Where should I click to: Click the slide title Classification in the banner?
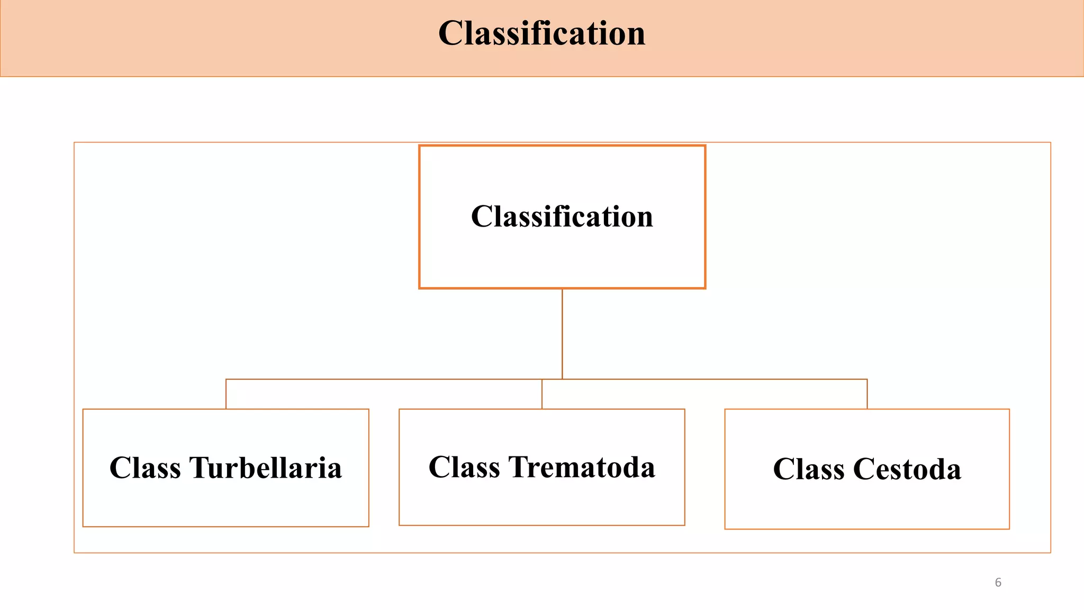click(x=541, y=33)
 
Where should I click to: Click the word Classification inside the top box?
click(x=562, y=217)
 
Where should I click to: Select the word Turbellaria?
click(x=265, y=468)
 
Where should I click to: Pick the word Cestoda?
click(x=907, y=469)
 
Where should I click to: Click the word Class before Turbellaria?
click(x=145, y=468)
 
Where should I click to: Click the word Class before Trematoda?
click(x=464, y=467)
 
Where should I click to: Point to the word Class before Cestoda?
click(x=808, y=469)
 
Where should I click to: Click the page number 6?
click(x=998, y=582)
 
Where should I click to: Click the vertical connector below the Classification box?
click(x=562, y=334)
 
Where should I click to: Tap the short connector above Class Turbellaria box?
click(x=226, y=394)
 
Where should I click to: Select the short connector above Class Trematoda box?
click(x=542, y=394)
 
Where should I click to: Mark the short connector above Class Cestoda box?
click(x=867, y=394)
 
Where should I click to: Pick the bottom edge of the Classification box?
click(x=562, y=288)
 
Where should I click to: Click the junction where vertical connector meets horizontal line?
click(x=562, y=379)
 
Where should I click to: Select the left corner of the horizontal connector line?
click(x=226, y=379)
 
